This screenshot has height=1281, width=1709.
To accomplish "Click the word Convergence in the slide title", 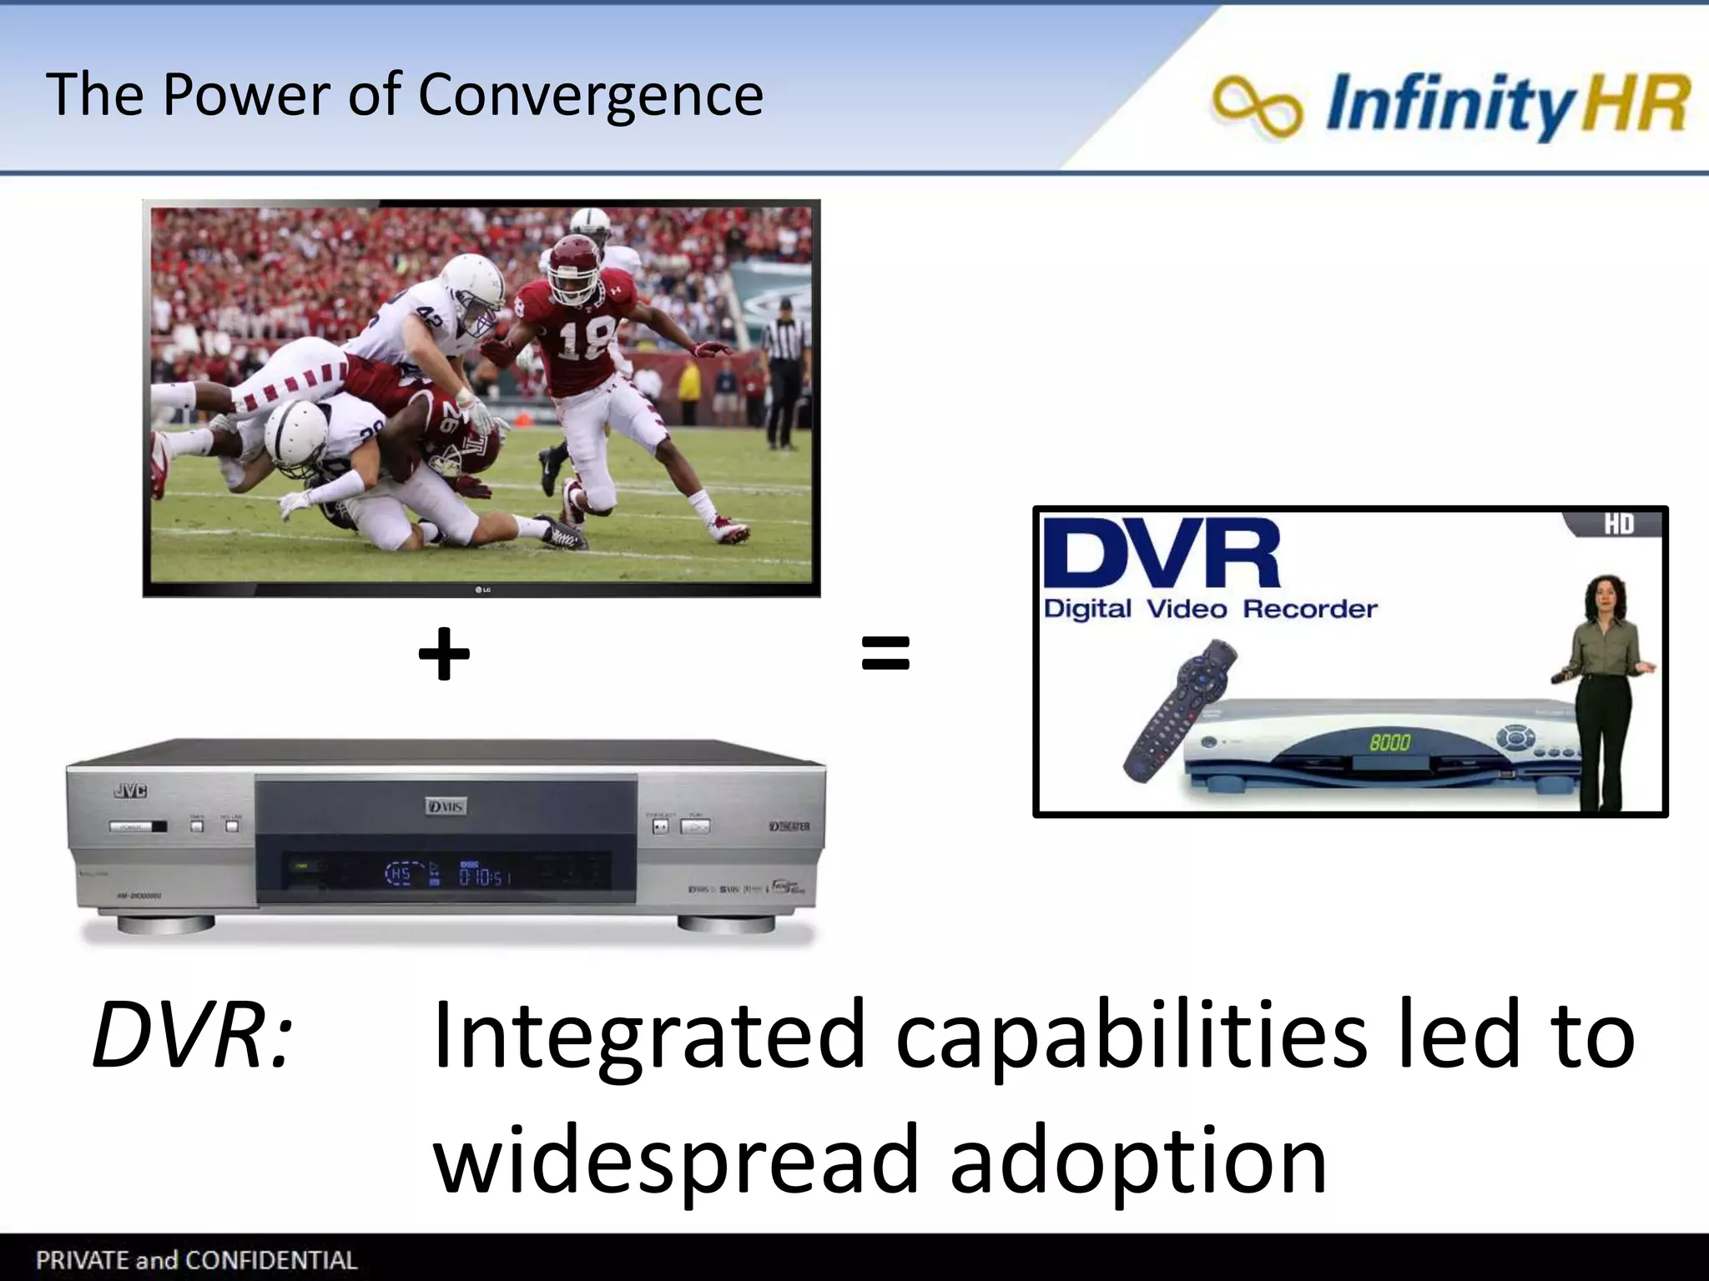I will pos(590,94).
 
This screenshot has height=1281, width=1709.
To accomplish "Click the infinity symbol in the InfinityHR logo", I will pos(1257,106).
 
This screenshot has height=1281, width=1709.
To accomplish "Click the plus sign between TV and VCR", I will pos(444,654).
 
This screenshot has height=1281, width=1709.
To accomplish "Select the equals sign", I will pos(885,653).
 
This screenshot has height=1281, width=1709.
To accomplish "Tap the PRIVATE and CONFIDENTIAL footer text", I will pos(196,1259).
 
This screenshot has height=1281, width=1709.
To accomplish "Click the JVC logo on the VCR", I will pos(130,791).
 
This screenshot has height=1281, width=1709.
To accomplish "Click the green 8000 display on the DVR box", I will pos(1389,742).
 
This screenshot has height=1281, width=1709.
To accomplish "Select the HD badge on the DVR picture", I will pos(1618,525).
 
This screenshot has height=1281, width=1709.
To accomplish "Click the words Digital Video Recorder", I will pos(1210,609).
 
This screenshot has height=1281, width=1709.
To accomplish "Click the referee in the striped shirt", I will pos(784,367).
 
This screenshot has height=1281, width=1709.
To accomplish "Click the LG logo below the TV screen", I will pos(482,590).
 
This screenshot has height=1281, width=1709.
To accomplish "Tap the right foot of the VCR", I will pos(726,924).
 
